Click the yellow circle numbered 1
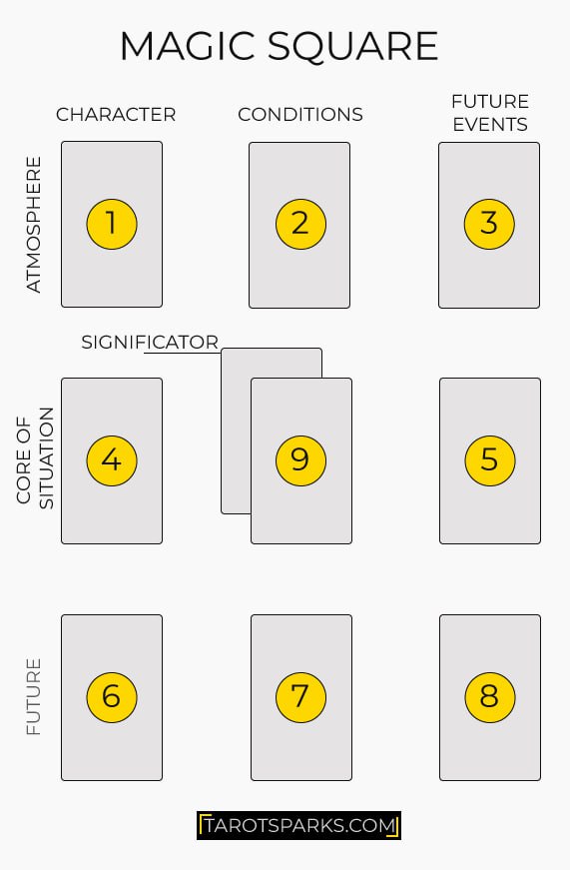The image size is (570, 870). pos(112,224)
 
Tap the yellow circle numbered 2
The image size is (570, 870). pos(300,224)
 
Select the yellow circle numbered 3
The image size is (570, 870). pos(489,224)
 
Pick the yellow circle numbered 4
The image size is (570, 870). pos(112,460)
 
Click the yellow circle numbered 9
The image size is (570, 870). pos(300,460)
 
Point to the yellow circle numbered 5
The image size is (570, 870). pos(489,460)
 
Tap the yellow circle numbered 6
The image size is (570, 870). pos(112,697)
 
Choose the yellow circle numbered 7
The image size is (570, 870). pos(300,697)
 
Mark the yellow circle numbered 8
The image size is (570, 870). pos(489,697)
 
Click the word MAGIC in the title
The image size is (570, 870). pos(189,46)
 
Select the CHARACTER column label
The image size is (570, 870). pos(116,115)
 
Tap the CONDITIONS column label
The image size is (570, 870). pos(299,115)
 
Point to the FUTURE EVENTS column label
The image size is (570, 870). pos(490,113)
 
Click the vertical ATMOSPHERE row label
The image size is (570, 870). pos(34,224)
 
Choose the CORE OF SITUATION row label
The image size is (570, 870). pos(35,457)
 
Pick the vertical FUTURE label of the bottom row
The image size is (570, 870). pos(34,697)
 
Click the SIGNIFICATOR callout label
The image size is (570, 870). pos(150,343)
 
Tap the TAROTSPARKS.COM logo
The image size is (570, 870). pos(298,826)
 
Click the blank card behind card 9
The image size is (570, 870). pos(236,433)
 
